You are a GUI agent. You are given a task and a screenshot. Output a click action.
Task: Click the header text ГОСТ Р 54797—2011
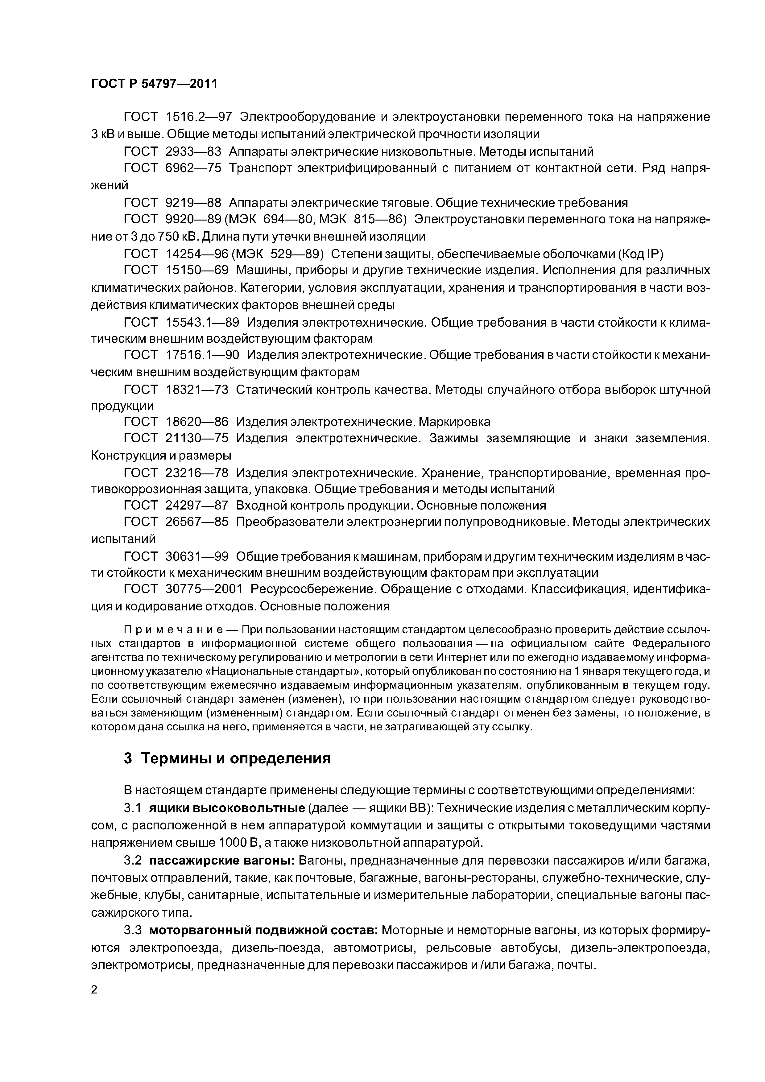(x=155, y=84)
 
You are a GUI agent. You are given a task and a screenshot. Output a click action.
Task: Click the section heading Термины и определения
(x=236, y=758)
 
